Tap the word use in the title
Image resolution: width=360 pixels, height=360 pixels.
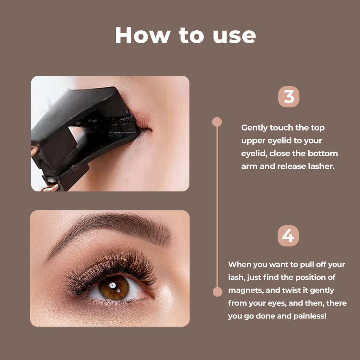tap(234, 36)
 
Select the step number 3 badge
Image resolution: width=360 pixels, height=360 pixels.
tap(289, 97)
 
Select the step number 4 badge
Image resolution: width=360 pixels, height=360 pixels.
tap(288, 236)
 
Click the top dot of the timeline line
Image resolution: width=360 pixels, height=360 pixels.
tap(217, 122)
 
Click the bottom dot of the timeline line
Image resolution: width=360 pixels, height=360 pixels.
tap(217, 292)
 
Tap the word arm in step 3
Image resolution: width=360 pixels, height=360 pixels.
tap(249, 166)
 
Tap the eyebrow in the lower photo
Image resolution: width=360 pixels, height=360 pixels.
tap(116, 229)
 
